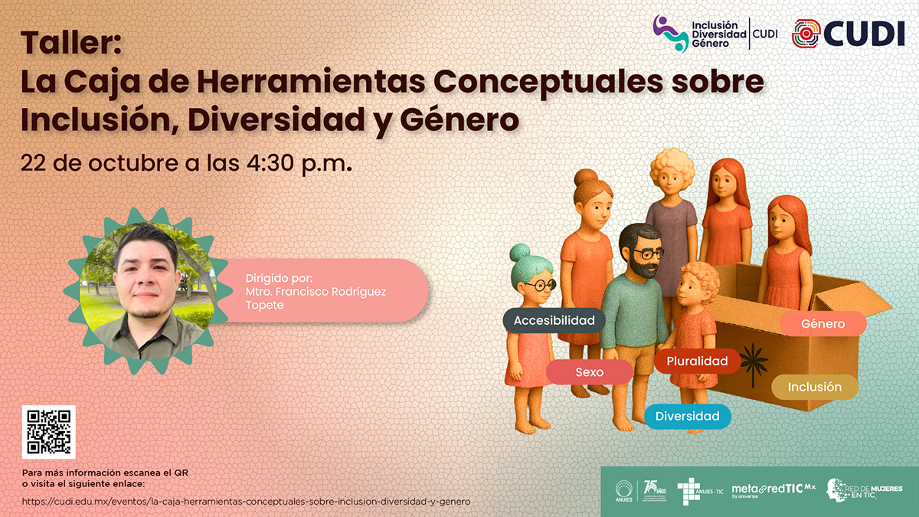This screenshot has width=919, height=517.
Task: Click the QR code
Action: point(49,432)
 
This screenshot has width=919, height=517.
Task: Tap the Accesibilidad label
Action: point(554,320)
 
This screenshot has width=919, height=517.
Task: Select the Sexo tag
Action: point(589,372)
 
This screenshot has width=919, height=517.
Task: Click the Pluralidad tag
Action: point(697,361)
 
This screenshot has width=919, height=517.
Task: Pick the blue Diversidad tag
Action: point(687,416)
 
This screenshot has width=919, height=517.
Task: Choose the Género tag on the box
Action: point(823,323)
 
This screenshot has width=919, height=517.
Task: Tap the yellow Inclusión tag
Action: point(814,387)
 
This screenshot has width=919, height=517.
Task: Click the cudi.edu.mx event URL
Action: point(246,501)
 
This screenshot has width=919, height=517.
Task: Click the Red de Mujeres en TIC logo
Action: point(864,490)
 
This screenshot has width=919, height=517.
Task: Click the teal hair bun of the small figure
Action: point(521,254)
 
